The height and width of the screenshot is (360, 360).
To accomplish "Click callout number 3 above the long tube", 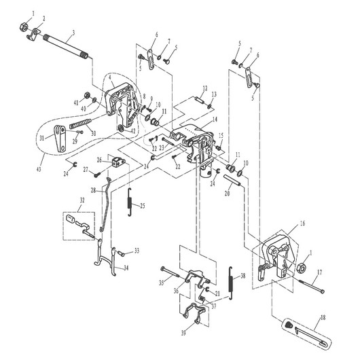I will tap(73, 33).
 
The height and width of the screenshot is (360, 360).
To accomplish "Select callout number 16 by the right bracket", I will tap(302, 223).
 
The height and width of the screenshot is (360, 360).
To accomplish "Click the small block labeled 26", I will tap(122, 163).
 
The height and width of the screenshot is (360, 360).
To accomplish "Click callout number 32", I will tap(82, 201).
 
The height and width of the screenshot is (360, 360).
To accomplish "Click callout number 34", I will tap(126, 268).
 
